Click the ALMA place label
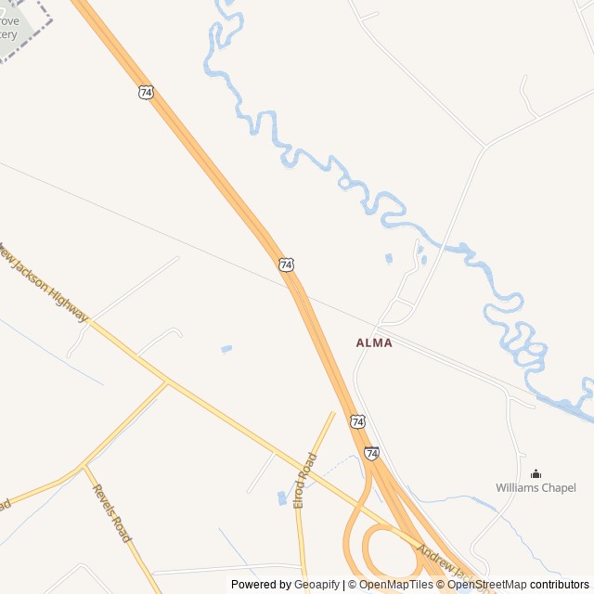coord(374,342)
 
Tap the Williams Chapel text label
coord(536,487)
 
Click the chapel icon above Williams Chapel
coord(536,473)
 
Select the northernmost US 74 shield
coord(146,93)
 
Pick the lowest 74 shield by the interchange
coord(371,453)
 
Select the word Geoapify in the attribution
coord(316,585)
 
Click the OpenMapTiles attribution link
coord(396,585)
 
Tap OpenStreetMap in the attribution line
coord(487,585)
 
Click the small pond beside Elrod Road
coord(281,498)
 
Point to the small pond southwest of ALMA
coord(226,349)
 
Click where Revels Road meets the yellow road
coord(84,466)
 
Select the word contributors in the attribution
coord(560,585)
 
